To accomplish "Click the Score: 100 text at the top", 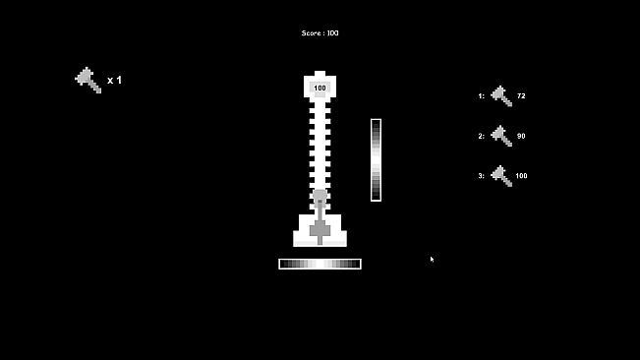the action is pos(320,33).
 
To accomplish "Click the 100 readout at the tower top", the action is pos(320,89).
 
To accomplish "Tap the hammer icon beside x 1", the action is pos(88,80).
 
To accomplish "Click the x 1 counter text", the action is pos(114,81).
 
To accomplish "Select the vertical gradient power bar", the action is pos(376,159).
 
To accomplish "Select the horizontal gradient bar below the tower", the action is pos(320,264).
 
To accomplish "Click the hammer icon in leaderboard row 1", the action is pos(501,96).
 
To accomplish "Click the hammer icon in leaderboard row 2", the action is pos(501,136).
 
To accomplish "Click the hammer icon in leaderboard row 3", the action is pos(501,176).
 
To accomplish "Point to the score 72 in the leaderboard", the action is pos(521,96).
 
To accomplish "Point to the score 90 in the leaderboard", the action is pos(521,136).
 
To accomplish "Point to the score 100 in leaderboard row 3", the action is pos(521,176).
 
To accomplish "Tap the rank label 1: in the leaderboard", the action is pos(482,96).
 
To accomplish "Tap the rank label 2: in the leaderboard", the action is pos(482,136).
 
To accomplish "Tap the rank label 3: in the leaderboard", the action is pos(482,176).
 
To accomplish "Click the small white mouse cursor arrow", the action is pos(432,259).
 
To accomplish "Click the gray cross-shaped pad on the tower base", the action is pos(320,230).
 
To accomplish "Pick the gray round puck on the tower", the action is pos(320,197).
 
